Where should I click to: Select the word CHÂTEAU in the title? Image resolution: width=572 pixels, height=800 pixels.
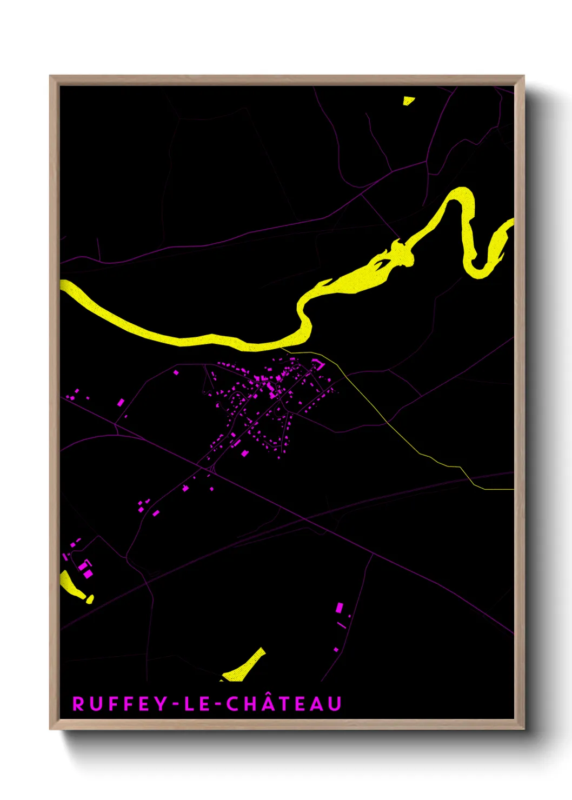pyautogui.click(x=284, y=704)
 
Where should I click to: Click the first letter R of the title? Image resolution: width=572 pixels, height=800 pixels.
pyautogui.click(x=78, y=704)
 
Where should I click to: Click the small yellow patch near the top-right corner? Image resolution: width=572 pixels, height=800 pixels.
pyautogui.click(x=408, y=101)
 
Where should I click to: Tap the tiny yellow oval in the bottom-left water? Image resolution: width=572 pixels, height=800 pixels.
pyautogui.click(x=90, y=599)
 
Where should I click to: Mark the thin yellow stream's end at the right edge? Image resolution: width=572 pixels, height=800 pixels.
pyautogui.click(x=512, y=489)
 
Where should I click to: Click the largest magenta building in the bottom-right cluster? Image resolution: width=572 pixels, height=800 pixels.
pyautogui.click(x=340, y=608)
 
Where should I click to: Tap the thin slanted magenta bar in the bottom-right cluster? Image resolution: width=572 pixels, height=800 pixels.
pyautogui.click(x=342, y=625)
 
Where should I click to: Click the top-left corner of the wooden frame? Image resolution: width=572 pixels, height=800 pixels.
pyautogui.click(x=50, y=76)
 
